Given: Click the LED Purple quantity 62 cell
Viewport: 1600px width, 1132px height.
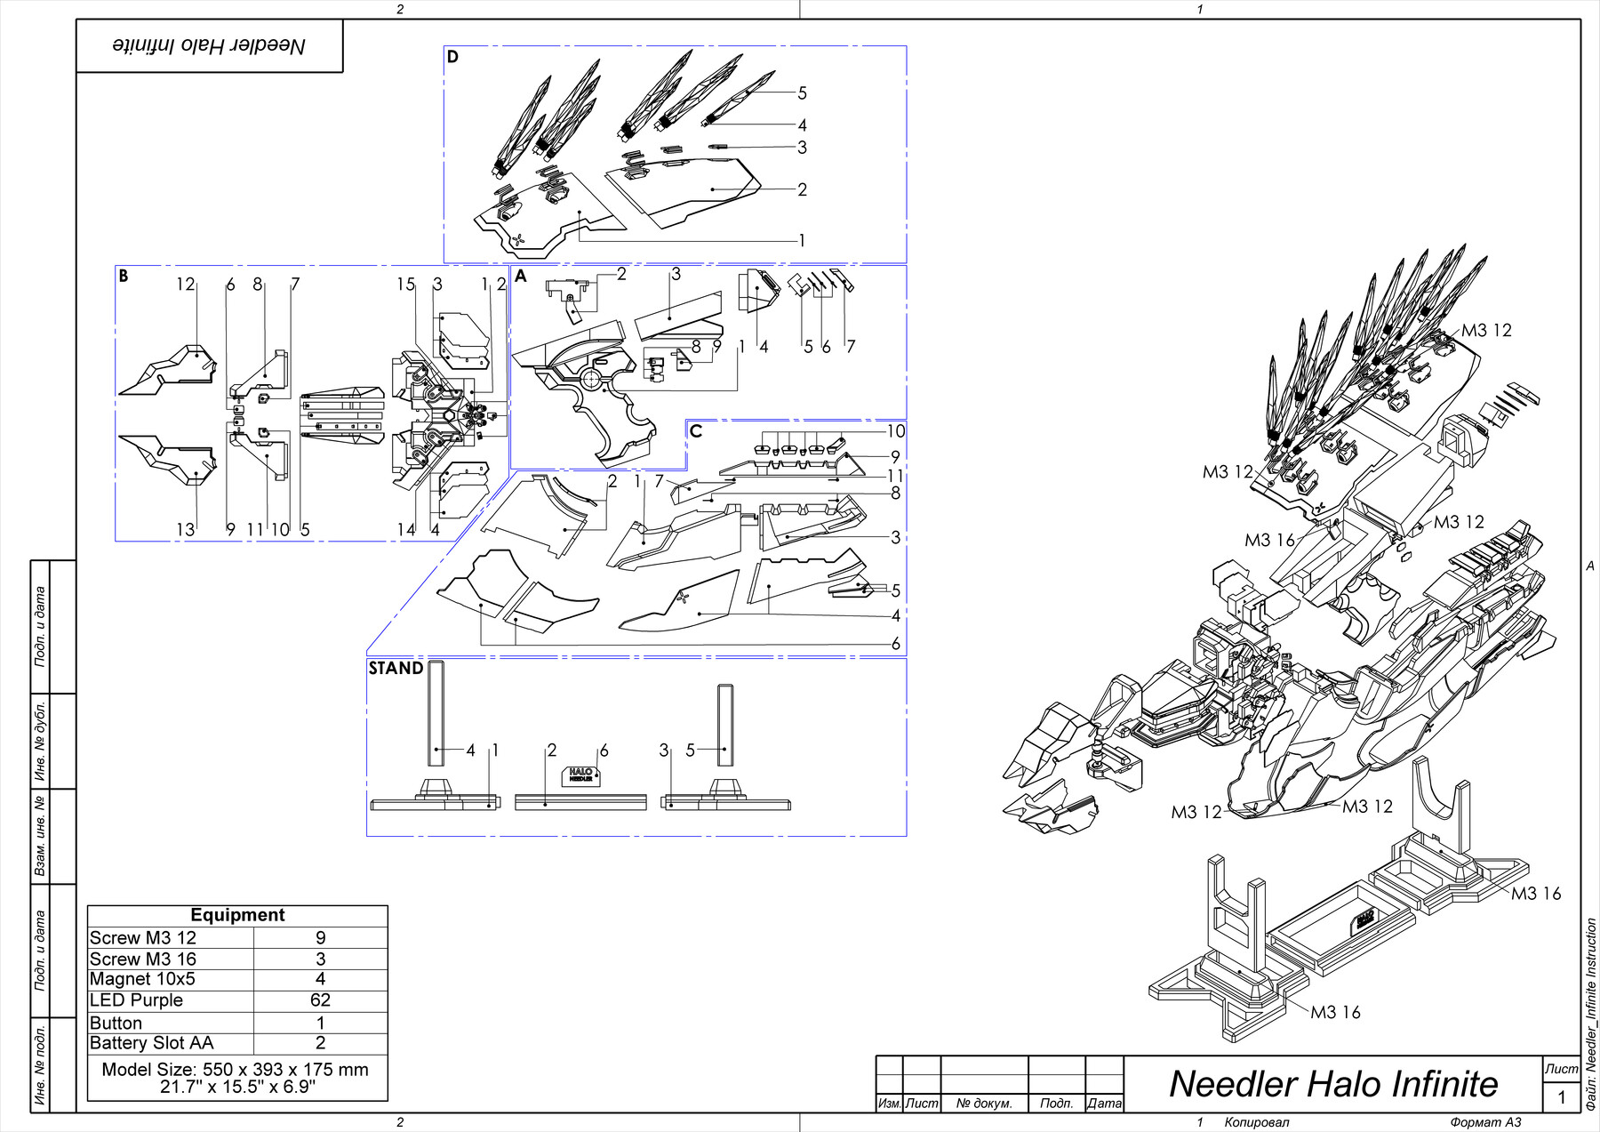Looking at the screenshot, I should [320, 1000].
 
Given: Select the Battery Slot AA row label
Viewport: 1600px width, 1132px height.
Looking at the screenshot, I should [151, 1043].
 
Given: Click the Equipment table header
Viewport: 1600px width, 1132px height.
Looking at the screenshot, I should [237, 915].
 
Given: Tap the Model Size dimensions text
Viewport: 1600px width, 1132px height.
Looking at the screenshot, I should [235, 1078].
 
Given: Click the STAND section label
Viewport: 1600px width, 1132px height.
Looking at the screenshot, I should [396, 669].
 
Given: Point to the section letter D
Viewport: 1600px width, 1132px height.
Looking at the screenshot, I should [452, 58].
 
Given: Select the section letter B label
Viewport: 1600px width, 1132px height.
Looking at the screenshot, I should [124, 277].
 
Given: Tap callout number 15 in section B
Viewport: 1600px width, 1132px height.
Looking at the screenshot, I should [405, 285].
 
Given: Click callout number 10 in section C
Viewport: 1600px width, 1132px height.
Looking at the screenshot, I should [895, 431].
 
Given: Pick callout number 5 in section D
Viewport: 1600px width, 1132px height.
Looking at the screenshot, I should [802, 93].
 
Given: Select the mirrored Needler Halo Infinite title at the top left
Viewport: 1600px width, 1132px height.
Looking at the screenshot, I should [209, 46].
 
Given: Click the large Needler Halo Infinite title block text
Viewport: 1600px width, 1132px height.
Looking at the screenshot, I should [1332, 1084].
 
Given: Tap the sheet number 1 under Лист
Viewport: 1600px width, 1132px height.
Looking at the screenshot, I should [1561, 1097].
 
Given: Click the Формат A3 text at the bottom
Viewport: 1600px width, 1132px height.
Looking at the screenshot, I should [1485, 1122].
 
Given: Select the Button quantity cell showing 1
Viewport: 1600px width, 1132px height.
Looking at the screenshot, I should [320, 1024].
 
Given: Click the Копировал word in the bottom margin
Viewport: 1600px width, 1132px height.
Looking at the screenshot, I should [1256, 1122].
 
